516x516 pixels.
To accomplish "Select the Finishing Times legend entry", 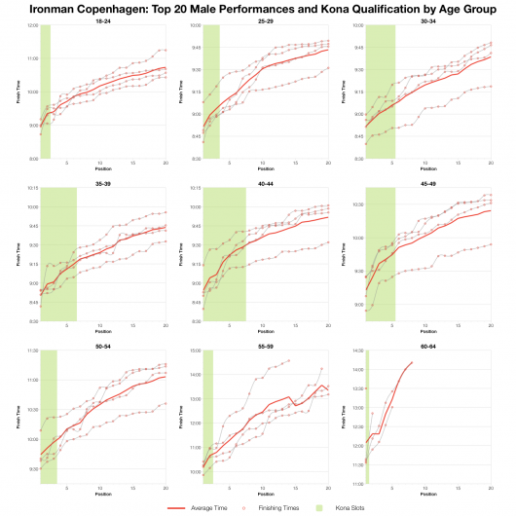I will point(276,507).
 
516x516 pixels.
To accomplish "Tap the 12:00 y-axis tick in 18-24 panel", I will point(32,25).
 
